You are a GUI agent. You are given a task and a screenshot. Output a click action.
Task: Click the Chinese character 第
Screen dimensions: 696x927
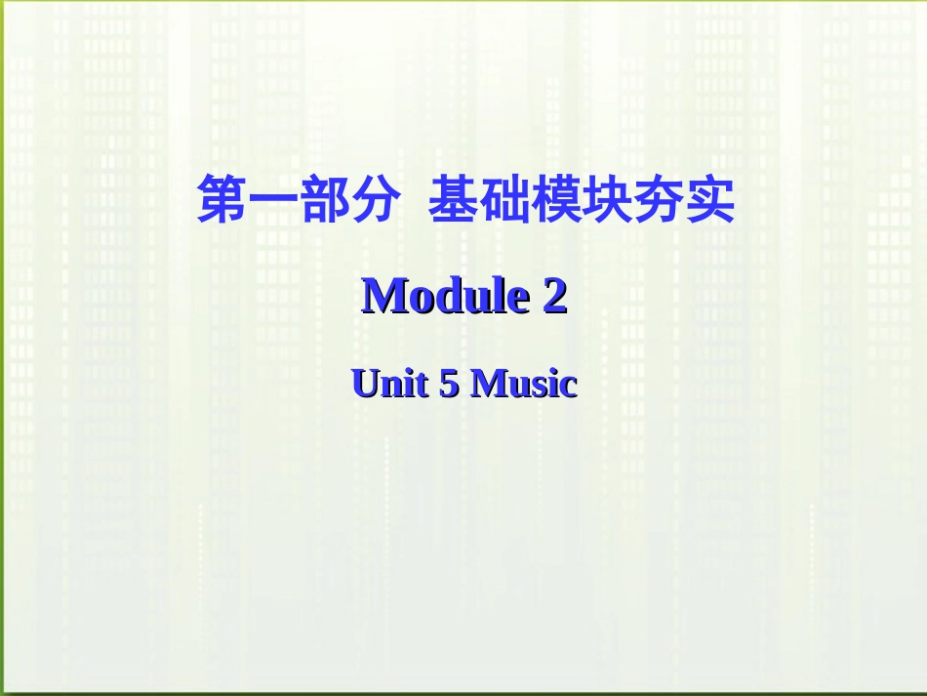[x=222, y=200]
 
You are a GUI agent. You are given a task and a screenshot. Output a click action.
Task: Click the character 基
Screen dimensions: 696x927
[x=454, y=200]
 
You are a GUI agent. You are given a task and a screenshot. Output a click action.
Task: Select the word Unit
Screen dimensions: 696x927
[x=389, y=384]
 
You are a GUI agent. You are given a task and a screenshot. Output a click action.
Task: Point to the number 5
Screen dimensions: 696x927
[x=449, y=384]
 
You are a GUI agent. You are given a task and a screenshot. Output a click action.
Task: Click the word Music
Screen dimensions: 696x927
[x=524, y=384]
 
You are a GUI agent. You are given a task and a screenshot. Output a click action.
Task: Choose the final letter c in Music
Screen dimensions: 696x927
[x=569, y=386]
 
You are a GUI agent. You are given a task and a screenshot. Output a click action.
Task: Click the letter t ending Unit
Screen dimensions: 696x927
[x=421, y=385]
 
